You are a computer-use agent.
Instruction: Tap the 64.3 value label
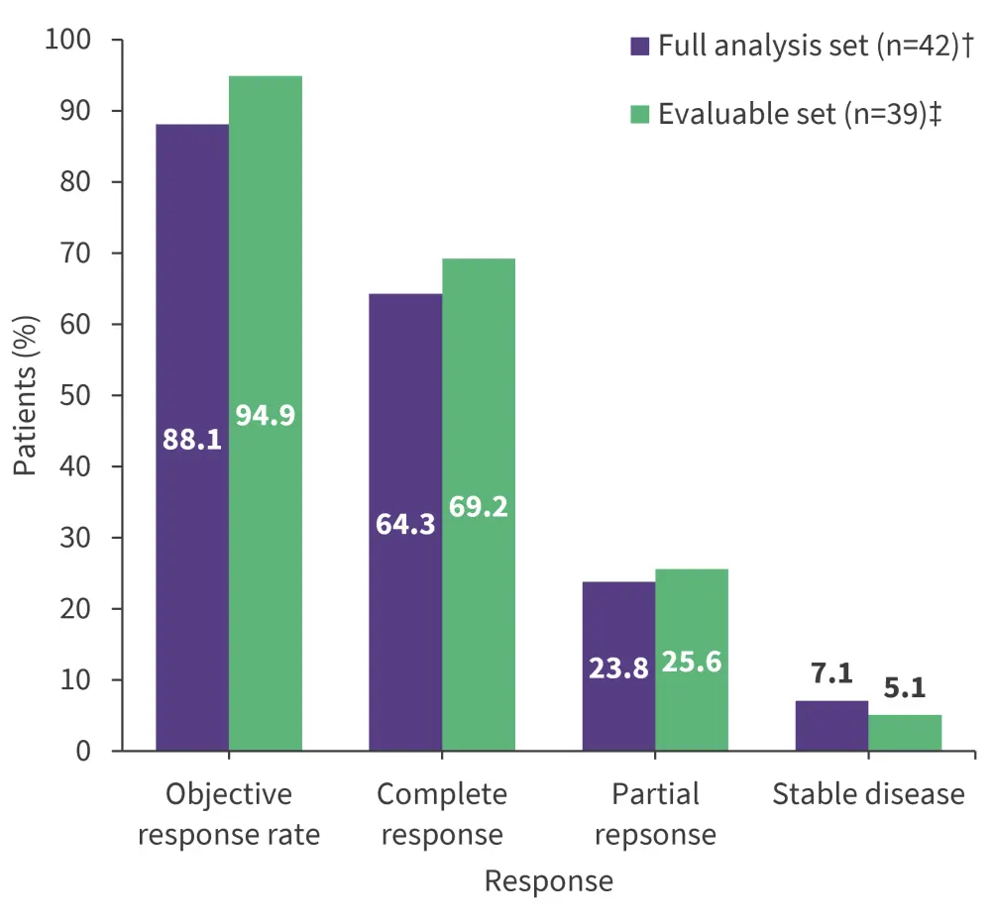point(405,524)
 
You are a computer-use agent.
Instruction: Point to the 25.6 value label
point(691,664)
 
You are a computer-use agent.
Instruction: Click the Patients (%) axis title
point(25,396)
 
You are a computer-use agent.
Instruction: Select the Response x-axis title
point(548,881)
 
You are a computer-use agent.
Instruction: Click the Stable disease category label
point(868,794)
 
